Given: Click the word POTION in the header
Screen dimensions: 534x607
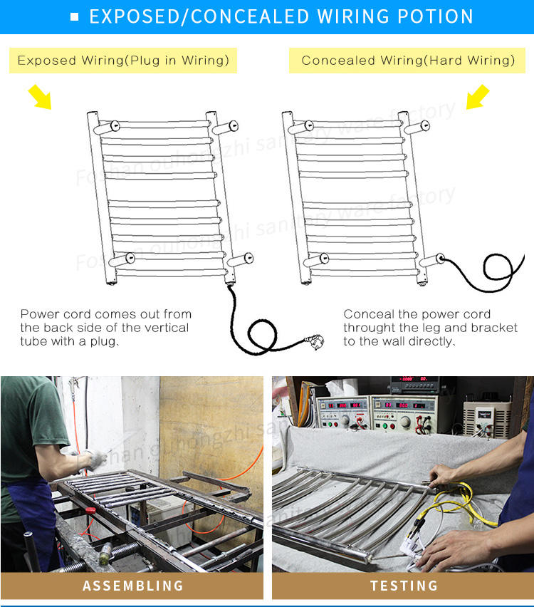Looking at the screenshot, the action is coord(435,16).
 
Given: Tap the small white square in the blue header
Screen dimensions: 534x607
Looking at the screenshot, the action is coord(75,16).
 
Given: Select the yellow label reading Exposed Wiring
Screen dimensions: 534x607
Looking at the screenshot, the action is coord(123,61).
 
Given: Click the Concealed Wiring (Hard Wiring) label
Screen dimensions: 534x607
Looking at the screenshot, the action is coord(407,61).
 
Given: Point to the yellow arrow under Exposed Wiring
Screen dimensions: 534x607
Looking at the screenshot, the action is coord(40,97).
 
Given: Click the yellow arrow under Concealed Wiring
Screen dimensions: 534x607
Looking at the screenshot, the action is coord(478,97).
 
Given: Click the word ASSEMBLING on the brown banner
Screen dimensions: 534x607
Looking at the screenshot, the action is coord(133,586).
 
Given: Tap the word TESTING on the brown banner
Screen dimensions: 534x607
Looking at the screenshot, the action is coord(404,586).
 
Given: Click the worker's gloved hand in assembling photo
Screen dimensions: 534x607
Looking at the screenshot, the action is coord(95,460).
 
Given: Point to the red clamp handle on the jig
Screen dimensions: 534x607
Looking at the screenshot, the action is coord(90,511).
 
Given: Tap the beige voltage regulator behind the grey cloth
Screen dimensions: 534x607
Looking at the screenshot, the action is coord(487,419).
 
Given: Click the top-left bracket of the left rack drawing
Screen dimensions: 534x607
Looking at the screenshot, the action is coord(106,127).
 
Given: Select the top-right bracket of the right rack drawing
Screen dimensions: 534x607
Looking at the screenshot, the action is coord(417,127).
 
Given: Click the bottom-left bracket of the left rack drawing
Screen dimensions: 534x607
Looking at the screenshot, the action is coord(122,259).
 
